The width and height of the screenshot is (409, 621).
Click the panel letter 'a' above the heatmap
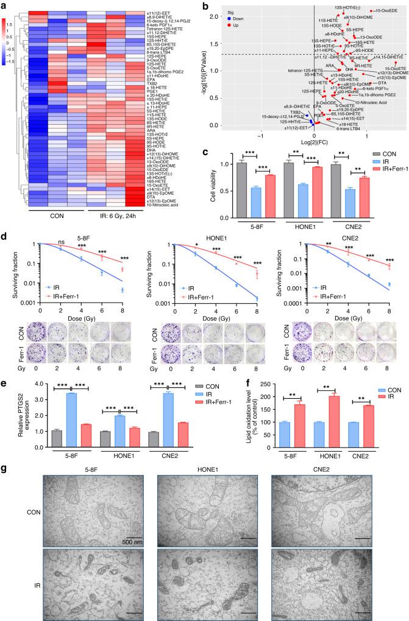pos(4,5)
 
